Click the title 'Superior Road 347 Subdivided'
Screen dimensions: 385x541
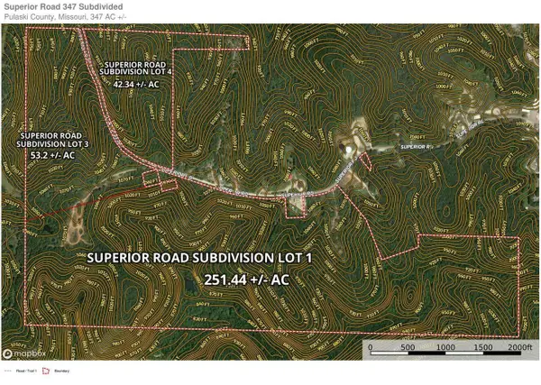coord(63,7)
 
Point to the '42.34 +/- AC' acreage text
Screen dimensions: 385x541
coord(137,84)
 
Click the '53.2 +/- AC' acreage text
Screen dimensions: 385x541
coord(53,155)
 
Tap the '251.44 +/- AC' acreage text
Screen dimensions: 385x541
coord(246,280)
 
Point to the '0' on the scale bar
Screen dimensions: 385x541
coord(369,347)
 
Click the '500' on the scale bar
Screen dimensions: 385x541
coord(406,347)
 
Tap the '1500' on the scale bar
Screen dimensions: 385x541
coord(481,347)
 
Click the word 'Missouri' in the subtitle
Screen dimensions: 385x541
coord(60,18)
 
